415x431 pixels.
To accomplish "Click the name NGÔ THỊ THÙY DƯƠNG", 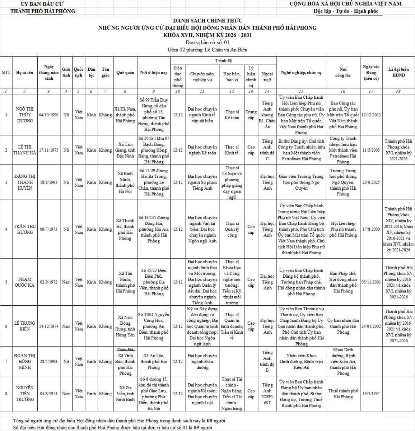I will tap(24, 115).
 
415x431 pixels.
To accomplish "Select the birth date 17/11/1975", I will tap(48, 150).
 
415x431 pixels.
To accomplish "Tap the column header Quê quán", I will tap(125, 73).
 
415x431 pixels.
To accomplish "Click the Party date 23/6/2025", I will tap(371, 182).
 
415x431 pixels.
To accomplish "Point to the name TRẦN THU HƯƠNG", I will tap(24, 229).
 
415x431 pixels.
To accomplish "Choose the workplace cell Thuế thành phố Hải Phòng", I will tap(343, 394).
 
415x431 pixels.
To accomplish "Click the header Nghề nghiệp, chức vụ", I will tap(301, 73).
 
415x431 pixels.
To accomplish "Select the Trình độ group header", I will tap(223, 61).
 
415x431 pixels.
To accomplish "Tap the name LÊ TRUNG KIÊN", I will tap(24, 326).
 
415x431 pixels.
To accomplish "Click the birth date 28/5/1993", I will tap(48, 361).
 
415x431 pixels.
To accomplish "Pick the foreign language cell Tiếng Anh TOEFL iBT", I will tap(267, 394).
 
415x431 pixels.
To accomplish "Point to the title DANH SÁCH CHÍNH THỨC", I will tap(207, 20).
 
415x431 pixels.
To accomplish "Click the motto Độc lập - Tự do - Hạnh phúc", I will tap(345, 11).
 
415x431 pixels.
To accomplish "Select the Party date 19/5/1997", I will tap(371, 394).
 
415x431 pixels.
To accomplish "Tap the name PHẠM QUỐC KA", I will tap(24, 282).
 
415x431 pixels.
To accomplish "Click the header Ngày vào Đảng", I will tap(371, 73).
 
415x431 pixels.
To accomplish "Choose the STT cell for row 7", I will tap(6, 361).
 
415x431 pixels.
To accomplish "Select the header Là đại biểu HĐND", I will tap(398, 72).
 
